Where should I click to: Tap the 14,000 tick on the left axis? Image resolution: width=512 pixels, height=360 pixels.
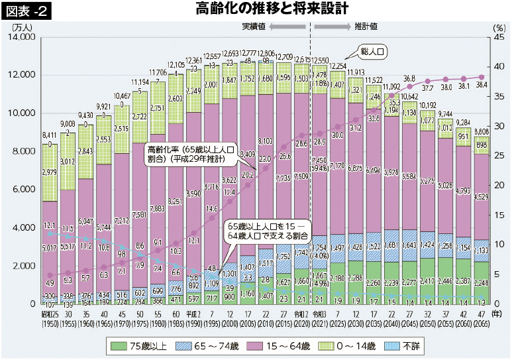point(22,37)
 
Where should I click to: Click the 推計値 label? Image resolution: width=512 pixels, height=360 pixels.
point(366,26)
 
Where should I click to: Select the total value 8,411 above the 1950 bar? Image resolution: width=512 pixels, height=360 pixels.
point(49,135)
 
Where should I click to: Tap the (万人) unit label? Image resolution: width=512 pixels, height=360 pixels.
point(21,27)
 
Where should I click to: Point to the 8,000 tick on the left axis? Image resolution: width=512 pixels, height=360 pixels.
point(24,151)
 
